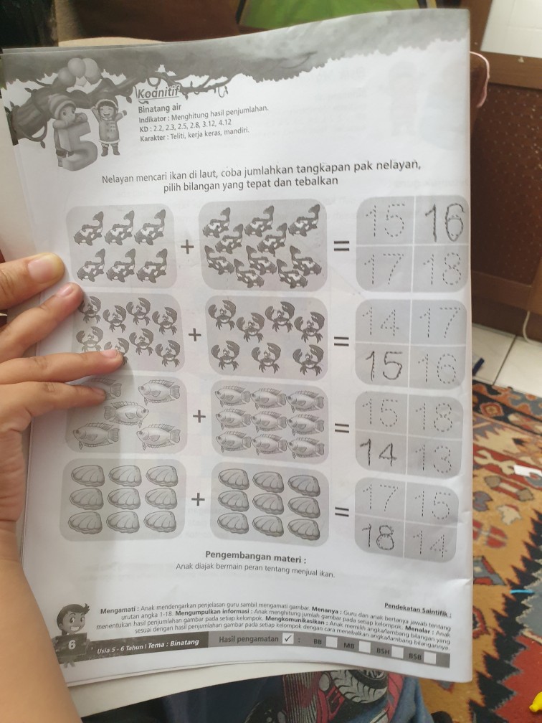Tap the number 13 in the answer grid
click(437, 456)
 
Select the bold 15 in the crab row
click(386, 367)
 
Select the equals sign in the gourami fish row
click(343, 429)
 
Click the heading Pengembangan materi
click(255, 556)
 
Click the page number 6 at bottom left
click(72, 644)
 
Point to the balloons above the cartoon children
click(79, 72)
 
